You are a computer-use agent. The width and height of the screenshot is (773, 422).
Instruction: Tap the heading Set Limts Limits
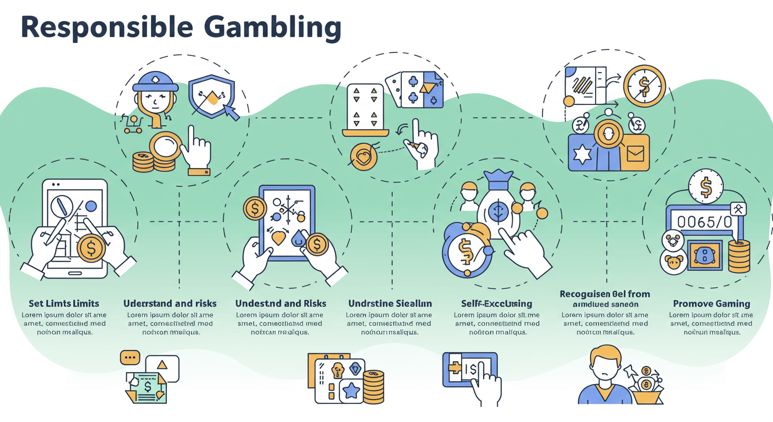[64, 303]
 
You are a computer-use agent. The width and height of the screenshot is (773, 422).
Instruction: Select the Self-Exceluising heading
[496, 303]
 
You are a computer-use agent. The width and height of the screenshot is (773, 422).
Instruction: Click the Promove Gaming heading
[712, 303]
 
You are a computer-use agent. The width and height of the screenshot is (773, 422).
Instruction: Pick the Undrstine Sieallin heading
[390, 303]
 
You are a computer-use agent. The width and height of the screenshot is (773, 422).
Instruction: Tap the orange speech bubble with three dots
[130, 358]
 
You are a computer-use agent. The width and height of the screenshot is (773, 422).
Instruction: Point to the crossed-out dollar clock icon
[644, 86]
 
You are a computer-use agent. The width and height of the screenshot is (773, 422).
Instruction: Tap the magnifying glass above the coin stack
[165, 147]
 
